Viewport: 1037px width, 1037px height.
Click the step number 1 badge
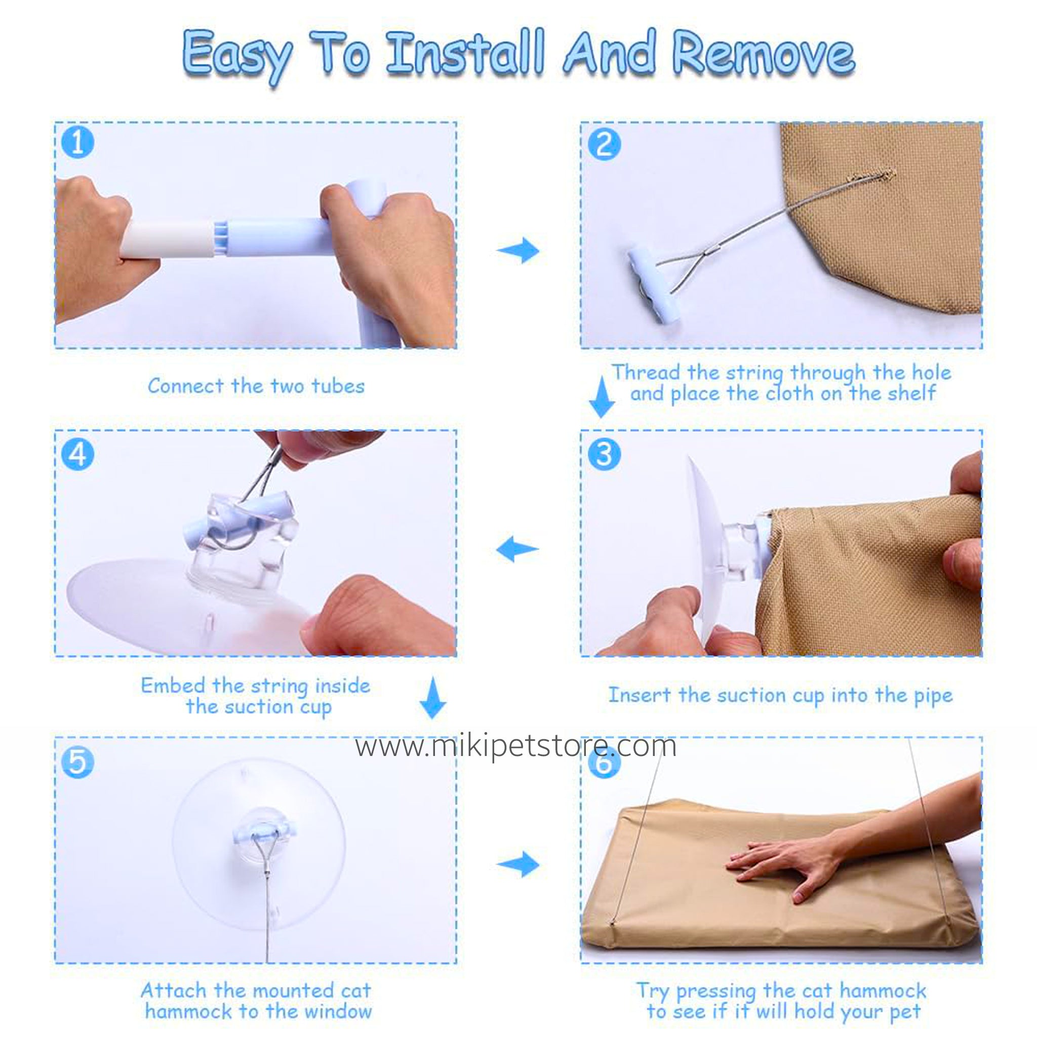(78, 143)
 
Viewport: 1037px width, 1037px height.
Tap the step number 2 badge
(605, 144)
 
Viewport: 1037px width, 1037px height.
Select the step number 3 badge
(605, 454)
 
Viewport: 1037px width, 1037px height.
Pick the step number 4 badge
(78, 454)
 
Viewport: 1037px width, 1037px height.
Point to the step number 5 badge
(78, 762)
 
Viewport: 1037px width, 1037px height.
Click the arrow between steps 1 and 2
(518, 250)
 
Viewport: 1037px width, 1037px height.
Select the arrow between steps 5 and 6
(518, 864)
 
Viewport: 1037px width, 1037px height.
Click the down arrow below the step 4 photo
(432, 698)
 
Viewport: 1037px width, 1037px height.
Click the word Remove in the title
(763, 55)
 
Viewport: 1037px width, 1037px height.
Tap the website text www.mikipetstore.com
(516, 747)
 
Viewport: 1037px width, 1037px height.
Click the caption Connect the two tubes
(256, 386)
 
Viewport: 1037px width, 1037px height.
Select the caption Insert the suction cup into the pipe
(780, 696)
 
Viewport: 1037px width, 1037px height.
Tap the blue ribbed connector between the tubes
(222, 235)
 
